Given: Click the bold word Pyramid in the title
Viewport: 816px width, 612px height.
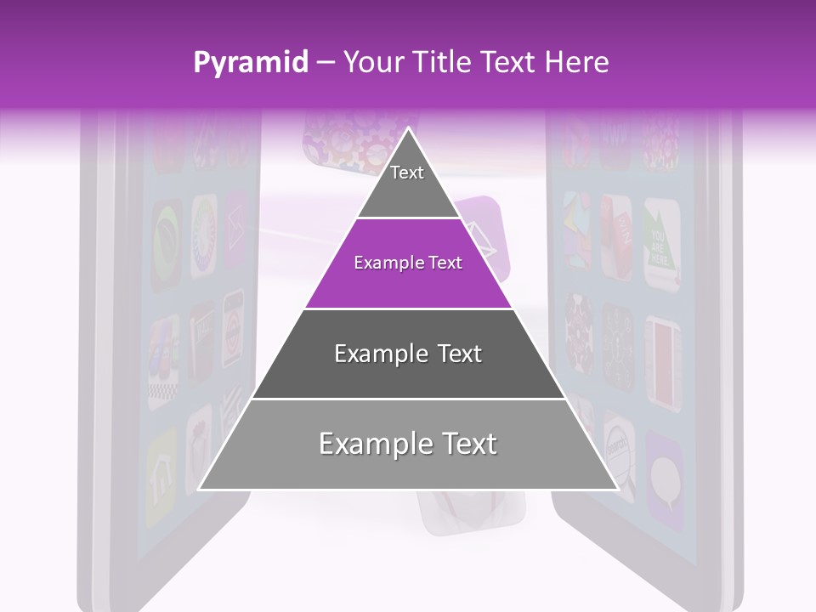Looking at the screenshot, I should coord(250,62).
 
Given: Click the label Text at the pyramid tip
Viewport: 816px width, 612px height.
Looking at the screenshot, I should coord(407,173).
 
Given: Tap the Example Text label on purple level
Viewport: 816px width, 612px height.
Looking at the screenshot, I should coord(408,263).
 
